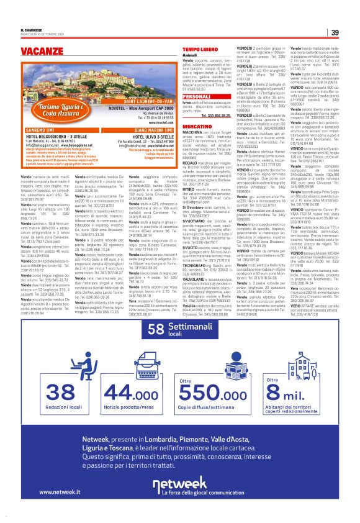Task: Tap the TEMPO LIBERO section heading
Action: click(200, 48)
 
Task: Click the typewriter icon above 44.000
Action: click(123, 351)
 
